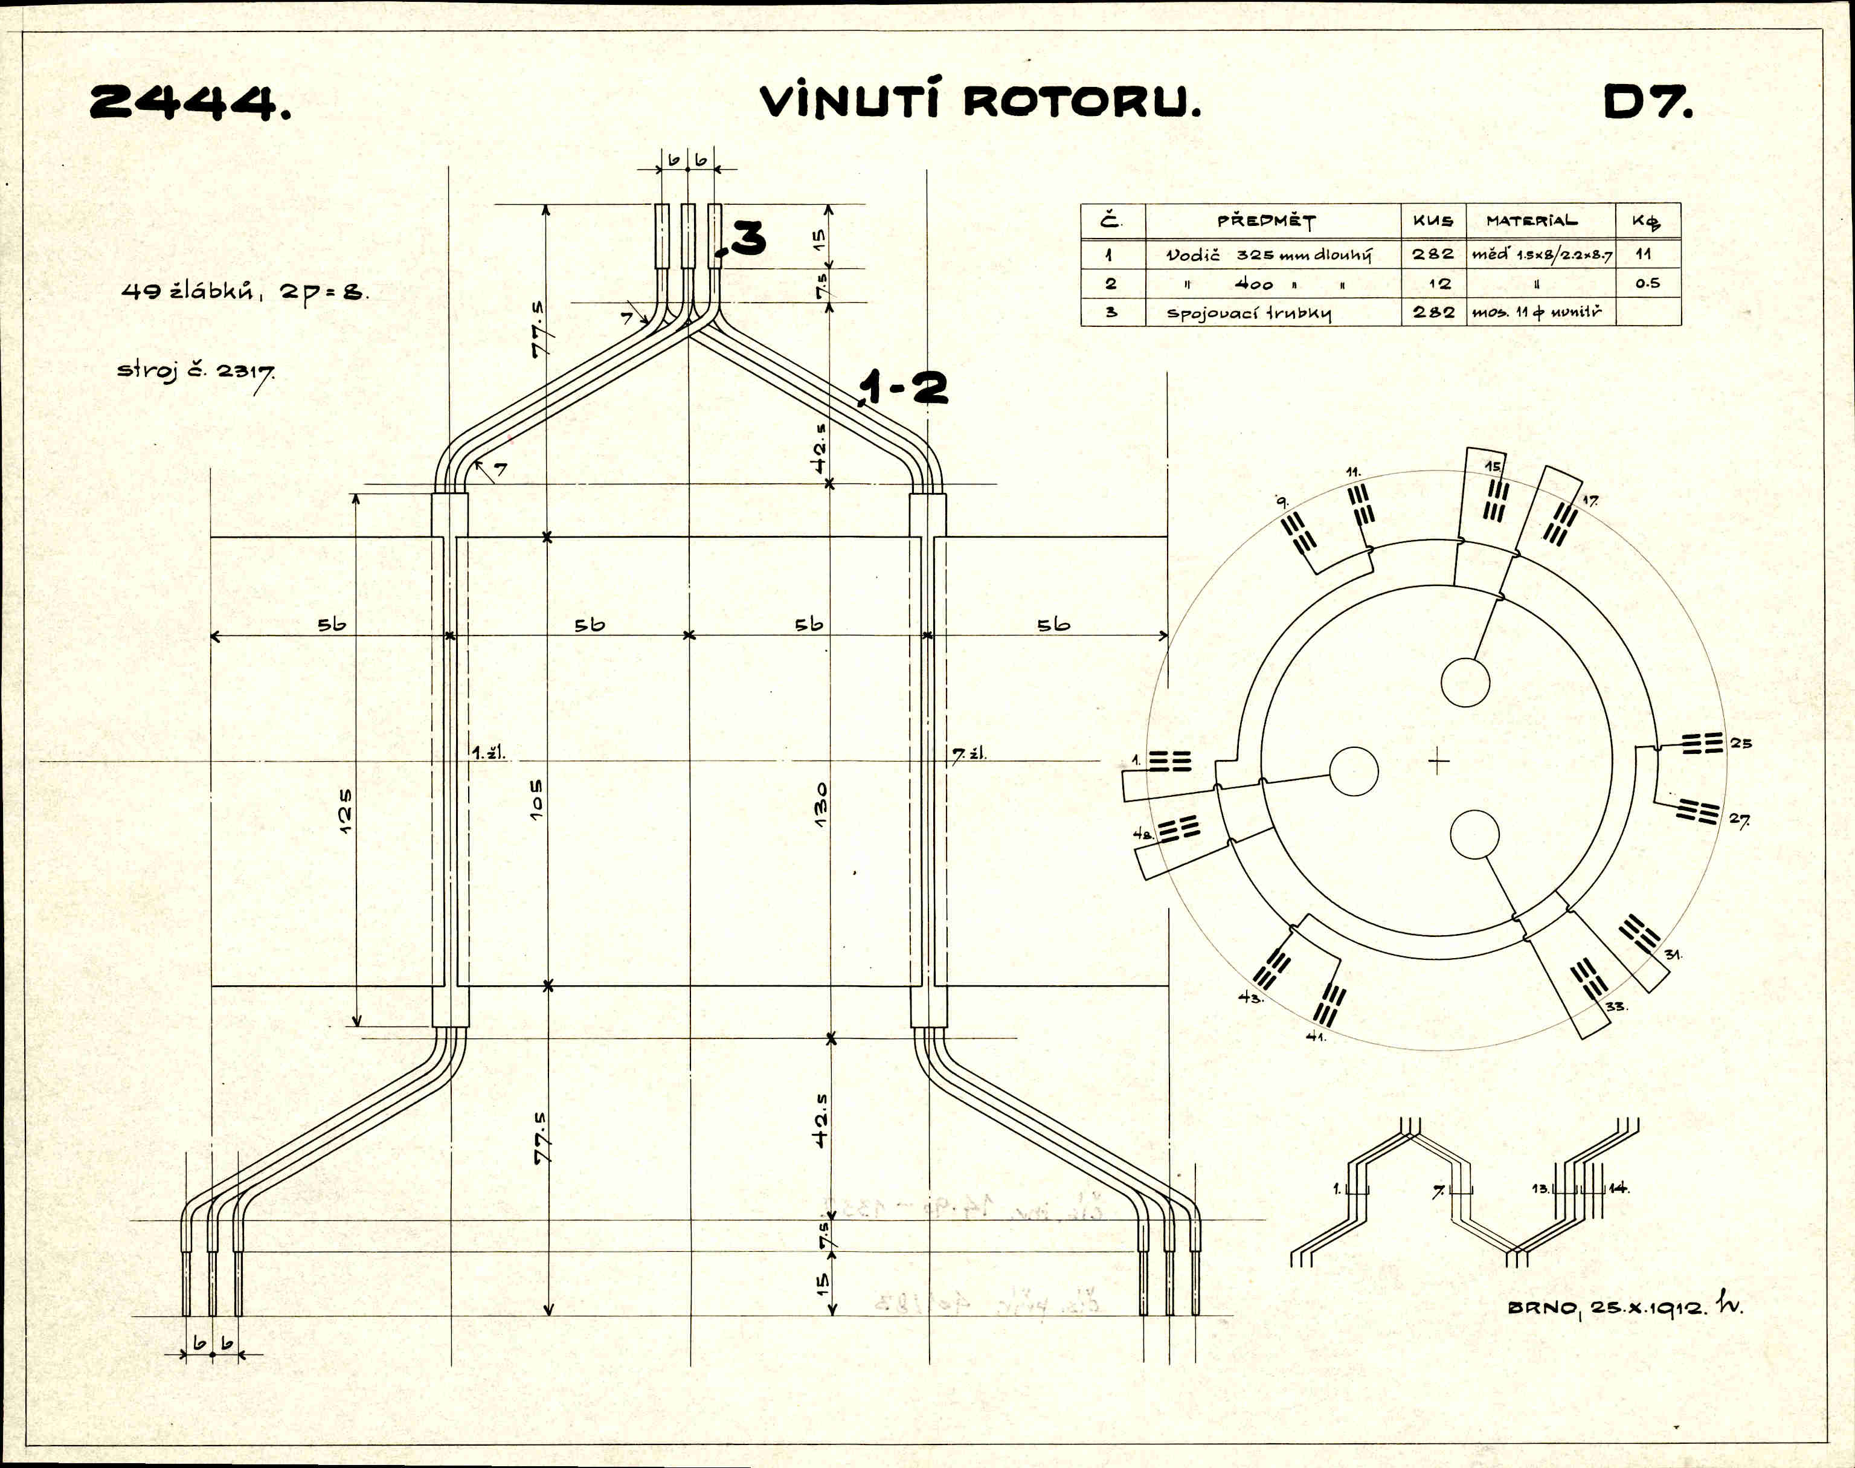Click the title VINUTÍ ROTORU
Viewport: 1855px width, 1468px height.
tap(980, 101)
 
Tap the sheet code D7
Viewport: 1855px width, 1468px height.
tap(1648, 103)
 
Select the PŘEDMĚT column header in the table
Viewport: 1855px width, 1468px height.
tap(1265, 221)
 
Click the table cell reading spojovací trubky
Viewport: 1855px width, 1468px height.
tap(1249, 313)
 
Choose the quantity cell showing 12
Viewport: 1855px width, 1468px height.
tap(1433, 283)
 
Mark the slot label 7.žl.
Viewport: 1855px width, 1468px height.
tap(968, 754)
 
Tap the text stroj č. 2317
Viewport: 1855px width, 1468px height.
tap(196, 372)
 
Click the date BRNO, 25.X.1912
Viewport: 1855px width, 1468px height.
tap(1607, 1307)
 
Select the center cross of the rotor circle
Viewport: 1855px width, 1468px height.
tap(1438, 761)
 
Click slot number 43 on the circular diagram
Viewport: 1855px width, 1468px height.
tap(1250, 998)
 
